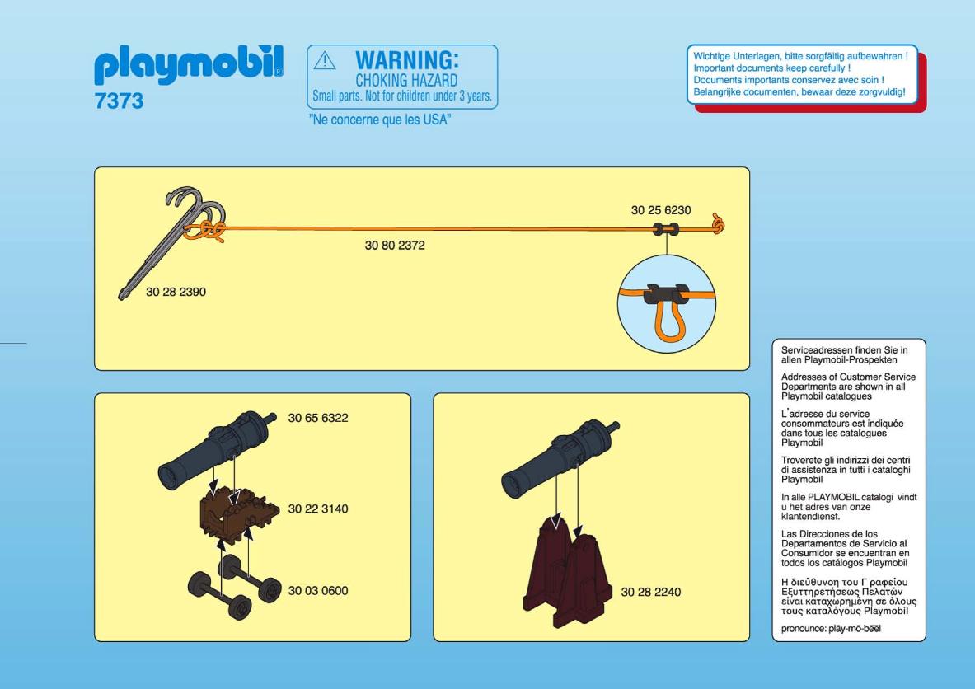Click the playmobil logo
[x=189, y=63]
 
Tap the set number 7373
[x=119, y=101]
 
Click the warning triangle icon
[x=325, y=60]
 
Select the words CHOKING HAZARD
[x=406, y=80]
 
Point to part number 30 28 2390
[x=176, y=292]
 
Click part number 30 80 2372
[x=395, y=246]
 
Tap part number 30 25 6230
[x=661, y=210]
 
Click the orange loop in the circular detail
[x=668, y=321]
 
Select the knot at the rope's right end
[x=718, y=224]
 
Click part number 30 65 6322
[x=318, y=418]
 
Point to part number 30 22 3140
[x=318, y=509]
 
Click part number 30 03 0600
[x=318, y=591]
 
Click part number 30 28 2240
[x=651, y=592]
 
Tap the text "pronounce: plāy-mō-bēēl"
[x=832, y=629]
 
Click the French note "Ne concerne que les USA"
[x=380, y=120]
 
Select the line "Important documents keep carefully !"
[x=772, y=68]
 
